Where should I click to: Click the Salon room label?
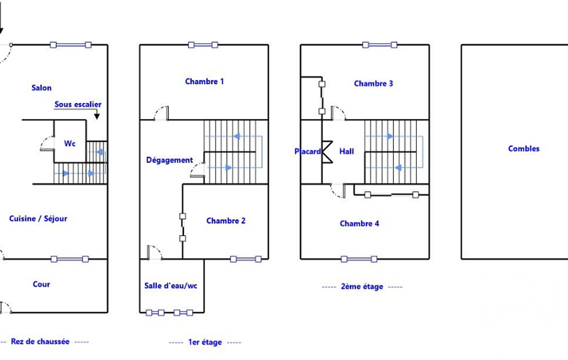[x=42, y=88]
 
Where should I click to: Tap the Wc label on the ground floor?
[x=70, y=143]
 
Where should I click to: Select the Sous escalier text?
[x=78, y=104]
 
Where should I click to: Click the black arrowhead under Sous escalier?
[x=97, y=116]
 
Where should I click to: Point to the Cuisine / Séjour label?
[x=38, y=218]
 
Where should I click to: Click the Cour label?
[x=42, y=284]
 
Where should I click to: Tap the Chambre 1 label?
[x=204, y=81]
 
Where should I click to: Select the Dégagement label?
[x=170, y=160]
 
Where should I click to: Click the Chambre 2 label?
[x=226, y=220]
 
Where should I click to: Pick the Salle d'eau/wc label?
[x=171, y=286]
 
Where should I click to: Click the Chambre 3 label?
[x=373, y=84]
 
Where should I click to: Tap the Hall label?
[x=347, y=151]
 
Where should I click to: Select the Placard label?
[x=308, y=151]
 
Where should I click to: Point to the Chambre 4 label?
[x=359, y=223]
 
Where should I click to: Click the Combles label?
[x=524, y=148]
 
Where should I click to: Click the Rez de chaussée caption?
[x=40, y=342]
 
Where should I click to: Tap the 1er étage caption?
[x=205, y=342]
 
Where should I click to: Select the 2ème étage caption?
[x=362, y=286]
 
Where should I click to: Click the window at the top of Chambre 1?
[x=203, y=45]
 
